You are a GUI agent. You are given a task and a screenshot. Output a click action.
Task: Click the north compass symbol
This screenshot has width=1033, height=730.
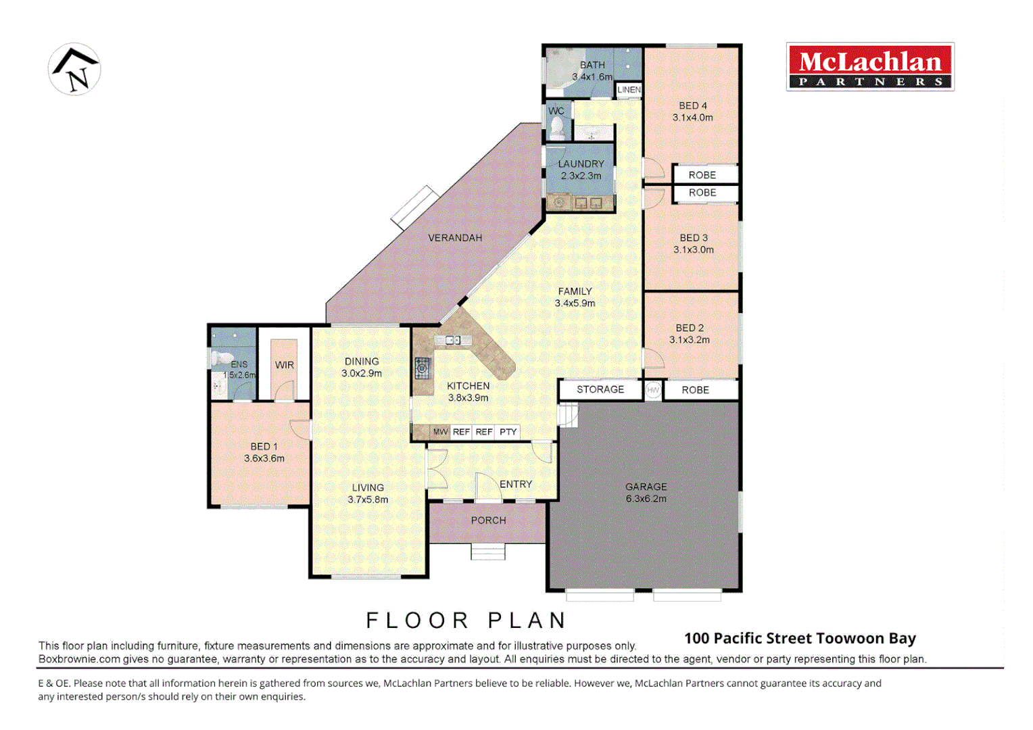74,69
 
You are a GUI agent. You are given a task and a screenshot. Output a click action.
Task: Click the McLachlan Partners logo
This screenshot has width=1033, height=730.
870,67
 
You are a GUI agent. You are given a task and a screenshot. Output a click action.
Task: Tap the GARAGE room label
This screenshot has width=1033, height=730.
646,487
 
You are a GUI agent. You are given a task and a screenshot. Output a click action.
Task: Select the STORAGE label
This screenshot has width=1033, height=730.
600,389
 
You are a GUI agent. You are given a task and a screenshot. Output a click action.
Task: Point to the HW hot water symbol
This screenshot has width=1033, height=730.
653,390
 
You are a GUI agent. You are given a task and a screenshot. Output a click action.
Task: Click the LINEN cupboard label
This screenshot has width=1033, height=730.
629,89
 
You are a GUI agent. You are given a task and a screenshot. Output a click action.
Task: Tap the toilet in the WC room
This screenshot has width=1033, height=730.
558,126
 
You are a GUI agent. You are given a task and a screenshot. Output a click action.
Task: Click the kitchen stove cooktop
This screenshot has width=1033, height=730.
423,368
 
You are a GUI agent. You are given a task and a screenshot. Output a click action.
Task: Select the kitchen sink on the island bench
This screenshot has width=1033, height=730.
453,340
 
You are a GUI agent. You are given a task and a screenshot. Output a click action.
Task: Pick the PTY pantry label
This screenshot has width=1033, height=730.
508,432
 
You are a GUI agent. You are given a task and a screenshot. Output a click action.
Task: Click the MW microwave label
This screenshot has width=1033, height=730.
440,432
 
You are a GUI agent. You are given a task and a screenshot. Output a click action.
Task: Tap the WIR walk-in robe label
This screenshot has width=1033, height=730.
285,365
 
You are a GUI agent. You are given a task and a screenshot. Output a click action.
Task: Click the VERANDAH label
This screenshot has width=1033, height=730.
455,238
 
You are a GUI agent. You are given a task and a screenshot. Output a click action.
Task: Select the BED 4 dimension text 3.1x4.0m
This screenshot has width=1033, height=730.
692,118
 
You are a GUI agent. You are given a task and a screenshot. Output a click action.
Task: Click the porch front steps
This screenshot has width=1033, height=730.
487,552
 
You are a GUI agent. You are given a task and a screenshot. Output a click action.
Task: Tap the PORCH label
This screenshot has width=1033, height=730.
488,520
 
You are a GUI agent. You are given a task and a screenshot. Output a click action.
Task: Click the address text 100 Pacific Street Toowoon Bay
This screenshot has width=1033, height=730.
800,638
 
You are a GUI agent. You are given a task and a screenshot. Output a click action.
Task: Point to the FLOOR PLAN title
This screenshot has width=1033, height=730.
466,620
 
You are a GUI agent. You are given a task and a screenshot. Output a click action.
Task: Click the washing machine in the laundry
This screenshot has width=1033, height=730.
559,202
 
